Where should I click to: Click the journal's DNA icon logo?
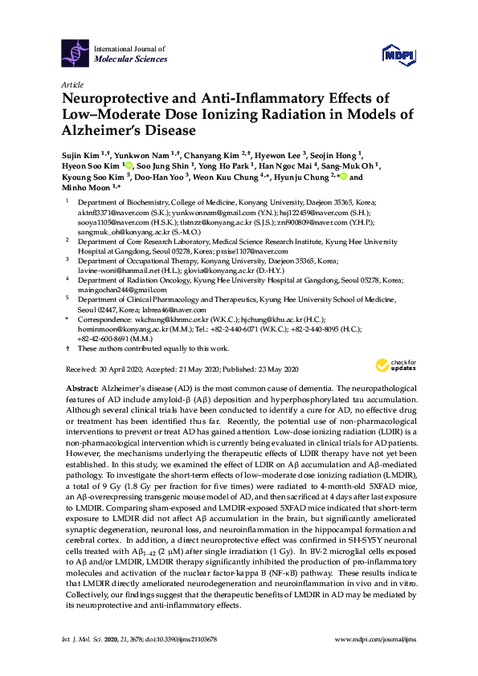76,54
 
